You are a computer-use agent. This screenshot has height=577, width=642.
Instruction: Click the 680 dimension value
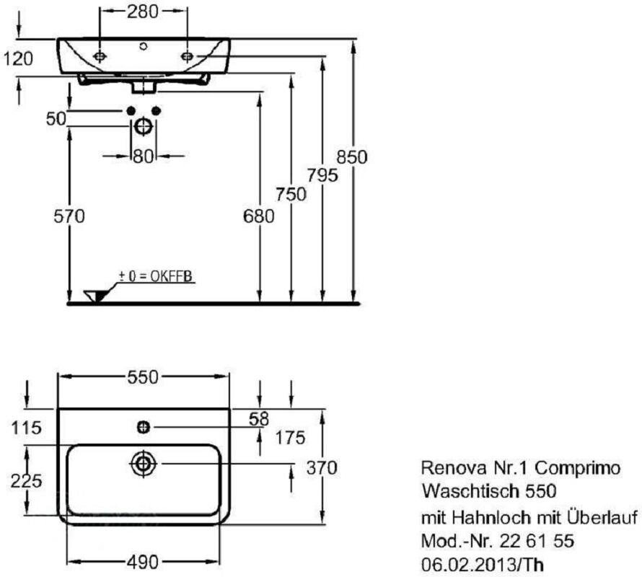[259, 215]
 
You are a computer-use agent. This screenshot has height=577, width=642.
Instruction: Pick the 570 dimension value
[69, 215]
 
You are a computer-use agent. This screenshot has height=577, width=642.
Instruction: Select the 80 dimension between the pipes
[143, 154]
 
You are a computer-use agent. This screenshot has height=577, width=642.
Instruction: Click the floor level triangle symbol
[96, 295]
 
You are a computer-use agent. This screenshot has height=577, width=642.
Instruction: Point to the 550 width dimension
[143, 376]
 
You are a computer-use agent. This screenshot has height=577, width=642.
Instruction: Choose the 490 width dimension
[143, 560]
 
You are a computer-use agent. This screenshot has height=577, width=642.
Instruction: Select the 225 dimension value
[27, 480]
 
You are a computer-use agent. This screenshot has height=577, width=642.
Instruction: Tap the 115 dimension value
[27, 428]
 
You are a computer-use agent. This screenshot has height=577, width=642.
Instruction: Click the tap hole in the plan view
[143, 428]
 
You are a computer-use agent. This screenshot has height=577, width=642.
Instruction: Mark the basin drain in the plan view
[143, 464]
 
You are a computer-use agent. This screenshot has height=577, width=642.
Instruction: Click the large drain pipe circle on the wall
[143, 126]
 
